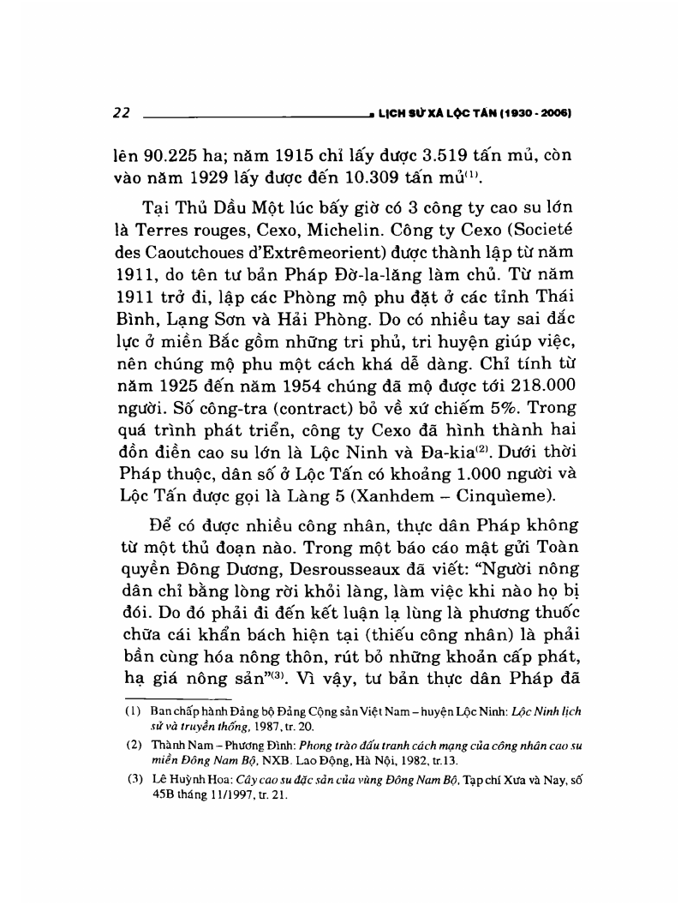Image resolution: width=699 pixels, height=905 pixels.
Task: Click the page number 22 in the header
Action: [120, 111]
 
